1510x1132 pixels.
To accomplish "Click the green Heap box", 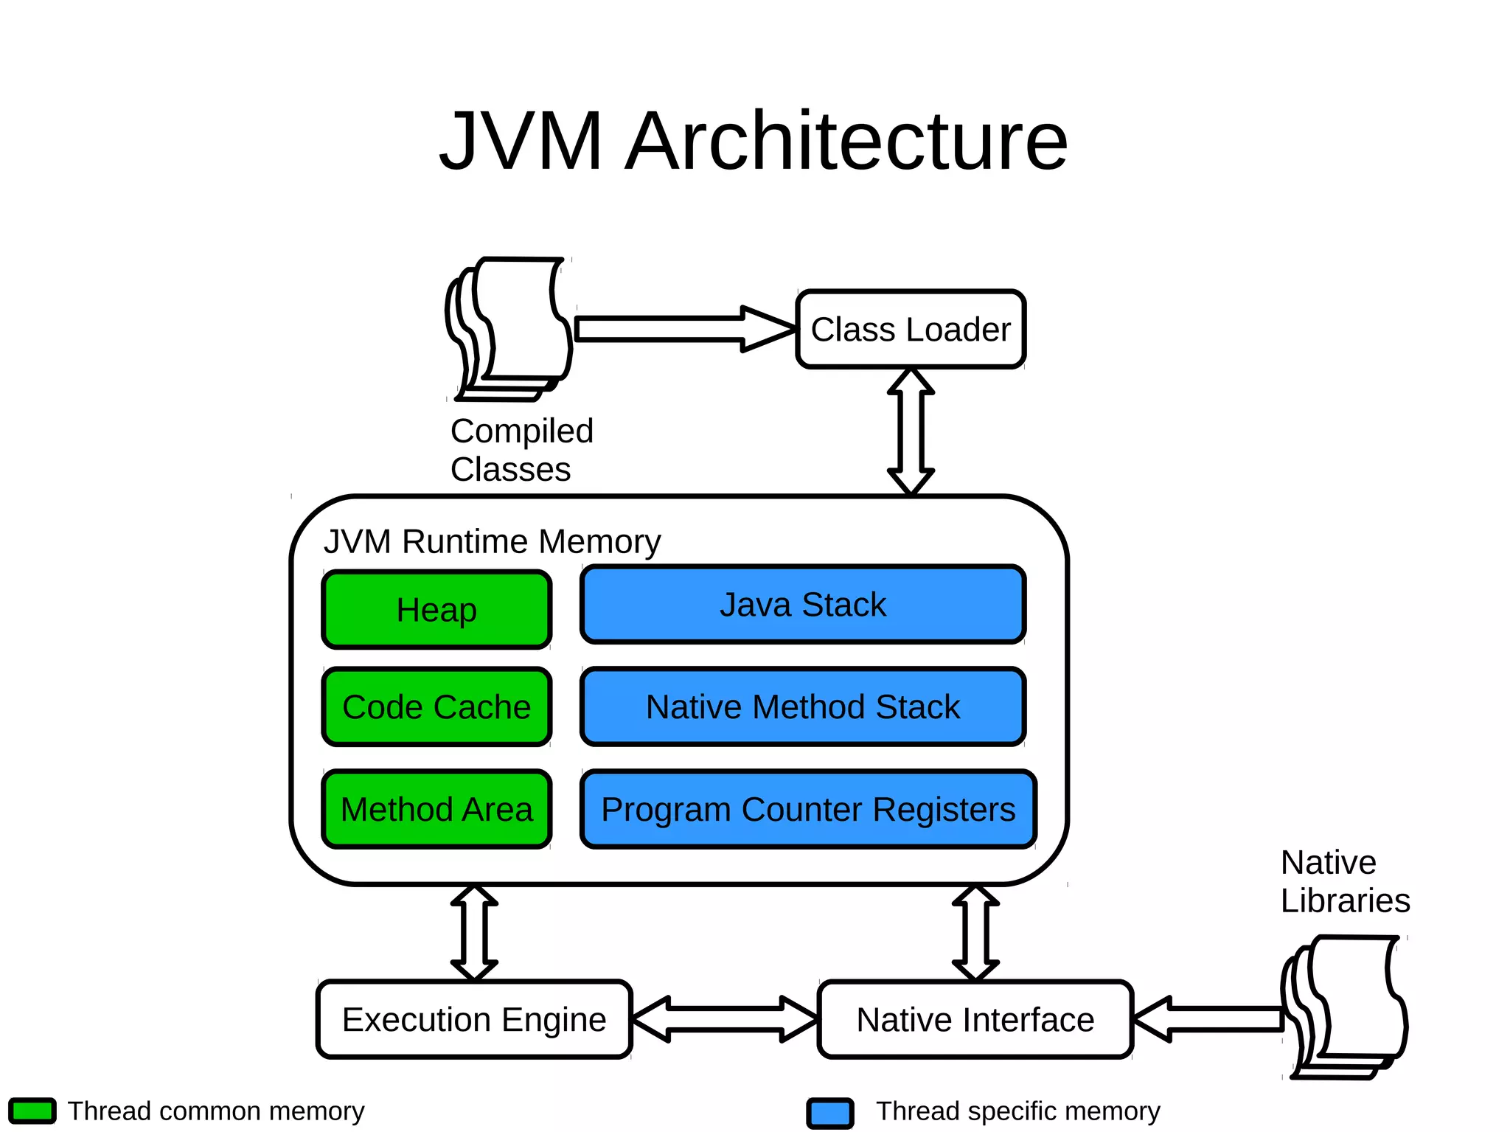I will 436,610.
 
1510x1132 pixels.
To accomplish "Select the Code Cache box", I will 436,706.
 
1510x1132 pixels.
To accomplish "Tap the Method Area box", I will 436,809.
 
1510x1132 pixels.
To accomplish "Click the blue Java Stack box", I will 803,605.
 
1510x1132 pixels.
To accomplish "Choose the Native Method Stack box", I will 803,706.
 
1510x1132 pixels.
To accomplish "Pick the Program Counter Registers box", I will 808,809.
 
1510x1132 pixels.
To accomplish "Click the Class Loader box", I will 911,329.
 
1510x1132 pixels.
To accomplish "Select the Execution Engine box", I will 474,1019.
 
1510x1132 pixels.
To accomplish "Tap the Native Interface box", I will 975,1019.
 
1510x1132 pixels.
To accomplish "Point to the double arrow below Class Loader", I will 911,431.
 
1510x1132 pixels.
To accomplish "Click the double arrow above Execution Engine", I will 474,933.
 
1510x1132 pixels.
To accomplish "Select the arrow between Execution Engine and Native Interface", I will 725,1019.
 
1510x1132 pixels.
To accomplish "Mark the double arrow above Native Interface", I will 975,933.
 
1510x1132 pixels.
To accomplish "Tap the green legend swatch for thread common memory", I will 32,1111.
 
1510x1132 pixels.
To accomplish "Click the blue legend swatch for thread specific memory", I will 830,1113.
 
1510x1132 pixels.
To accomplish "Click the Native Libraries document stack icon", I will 1346,1007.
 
